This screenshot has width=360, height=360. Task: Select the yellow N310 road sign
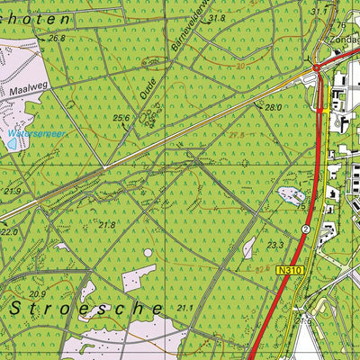pos(288,270)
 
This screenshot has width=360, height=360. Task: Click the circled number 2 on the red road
pos(306,229)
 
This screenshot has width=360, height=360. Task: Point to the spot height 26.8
pos(57,39)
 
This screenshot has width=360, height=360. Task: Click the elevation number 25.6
pos(121,118)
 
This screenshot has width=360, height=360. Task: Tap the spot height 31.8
pos(216,18)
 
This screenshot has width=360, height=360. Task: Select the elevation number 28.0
pos(274,107)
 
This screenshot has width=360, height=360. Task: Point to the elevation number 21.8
pos(107,225)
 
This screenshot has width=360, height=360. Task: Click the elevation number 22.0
pos(9,232)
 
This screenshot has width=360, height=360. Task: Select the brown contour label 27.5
pos(237,135)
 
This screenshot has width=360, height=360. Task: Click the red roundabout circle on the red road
pos(317,67)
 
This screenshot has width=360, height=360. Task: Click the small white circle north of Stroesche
pos(148,253)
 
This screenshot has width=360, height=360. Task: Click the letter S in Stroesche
pos(17,308)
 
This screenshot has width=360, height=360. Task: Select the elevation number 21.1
pos(184,309)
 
